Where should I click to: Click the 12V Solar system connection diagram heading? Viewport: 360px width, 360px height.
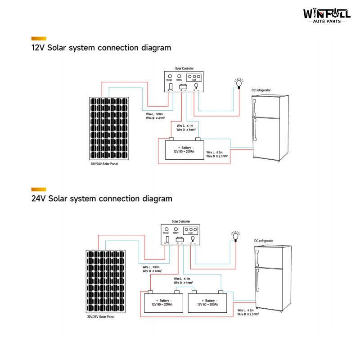[101, 48]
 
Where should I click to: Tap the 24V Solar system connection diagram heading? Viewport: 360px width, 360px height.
[101, 198]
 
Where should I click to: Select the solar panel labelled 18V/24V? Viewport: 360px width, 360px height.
[108, 129]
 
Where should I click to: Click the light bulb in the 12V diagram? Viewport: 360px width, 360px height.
[239, 82]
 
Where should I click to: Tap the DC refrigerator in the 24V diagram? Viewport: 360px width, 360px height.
[270, 279]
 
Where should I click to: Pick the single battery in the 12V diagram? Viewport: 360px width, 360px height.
[184, 148]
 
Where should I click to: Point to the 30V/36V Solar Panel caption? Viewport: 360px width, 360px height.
[101, 317]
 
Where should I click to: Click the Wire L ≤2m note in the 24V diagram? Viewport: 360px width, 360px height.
[248, 312]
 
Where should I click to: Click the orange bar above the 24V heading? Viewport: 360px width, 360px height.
[39, 189]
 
